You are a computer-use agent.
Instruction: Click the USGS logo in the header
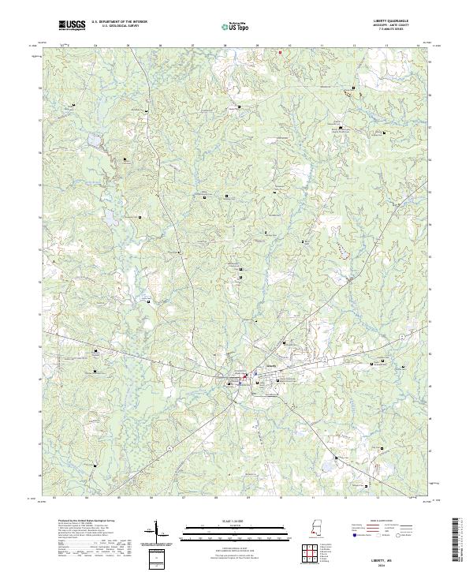click(x=72, y=25)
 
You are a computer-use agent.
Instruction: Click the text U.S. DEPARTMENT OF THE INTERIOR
click(x=118, y=21)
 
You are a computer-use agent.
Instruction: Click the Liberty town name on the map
click(x=272, y=365)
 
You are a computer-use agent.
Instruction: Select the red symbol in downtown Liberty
click(x=244, y=376)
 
